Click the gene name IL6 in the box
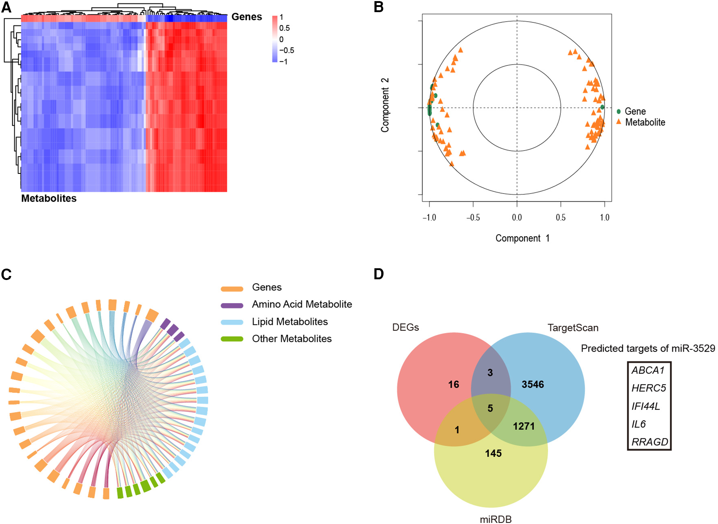pos(638,424)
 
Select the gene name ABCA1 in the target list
pos(648,370)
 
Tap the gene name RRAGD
pos(649,442)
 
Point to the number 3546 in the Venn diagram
pos(533,384)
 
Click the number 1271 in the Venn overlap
pos(523,426)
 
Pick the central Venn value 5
pos(490,408)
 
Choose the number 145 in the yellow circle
pos(493,453)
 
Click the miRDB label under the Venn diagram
pos(495,519)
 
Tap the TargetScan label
pos(573,328)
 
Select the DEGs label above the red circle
pos(405,327)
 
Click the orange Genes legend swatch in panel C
pos(232,289)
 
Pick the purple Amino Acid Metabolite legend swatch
pos(232,305)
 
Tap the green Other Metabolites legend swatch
pos(232,339)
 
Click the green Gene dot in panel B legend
pos(618,111)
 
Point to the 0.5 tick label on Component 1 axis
pos(560,218)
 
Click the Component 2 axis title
pos(385,105)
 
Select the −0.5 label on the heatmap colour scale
pos(286,50)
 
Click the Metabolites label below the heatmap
pos(49,198)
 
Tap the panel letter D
pos(378,274)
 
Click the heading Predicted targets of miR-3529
pos(648,348)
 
